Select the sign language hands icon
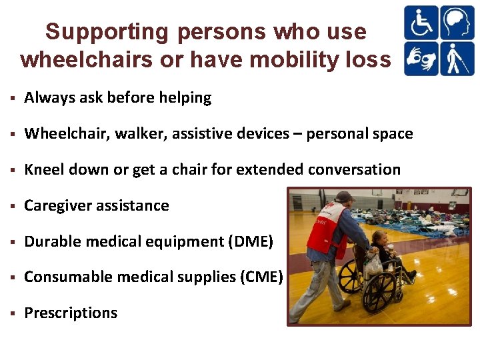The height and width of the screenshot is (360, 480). point(421,59)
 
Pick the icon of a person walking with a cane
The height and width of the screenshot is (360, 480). point(457,59)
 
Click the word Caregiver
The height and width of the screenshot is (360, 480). point(57,206)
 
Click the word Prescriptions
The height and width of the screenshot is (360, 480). point(71,313)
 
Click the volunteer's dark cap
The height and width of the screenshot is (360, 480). point(345,197)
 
